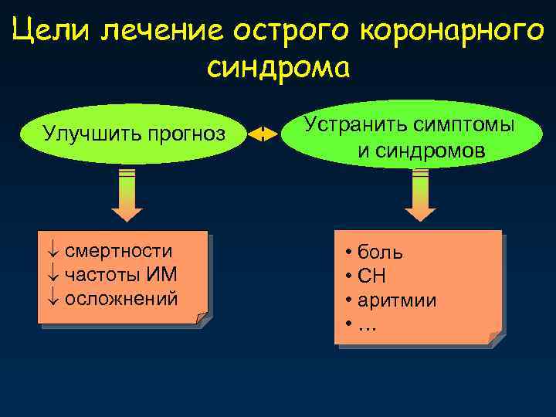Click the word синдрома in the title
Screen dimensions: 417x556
coord(278,68)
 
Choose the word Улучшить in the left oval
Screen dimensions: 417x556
coord(87,134)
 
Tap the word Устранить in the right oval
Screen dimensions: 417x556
coord(351,124)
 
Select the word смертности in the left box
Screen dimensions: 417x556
coord(119,251)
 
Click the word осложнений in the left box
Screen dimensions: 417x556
coord(121,297)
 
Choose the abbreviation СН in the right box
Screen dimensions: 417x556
coord(374,276)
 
